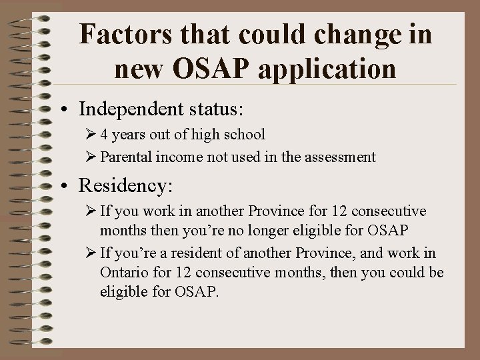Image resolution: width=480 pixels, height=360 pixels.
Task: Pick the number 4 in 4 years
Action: coord(105,135)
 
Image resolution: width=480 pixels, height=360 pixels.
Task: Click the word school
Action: coord(243,135)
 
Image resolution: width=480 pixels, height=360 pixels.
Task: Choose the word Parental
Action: coord(127,157)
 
